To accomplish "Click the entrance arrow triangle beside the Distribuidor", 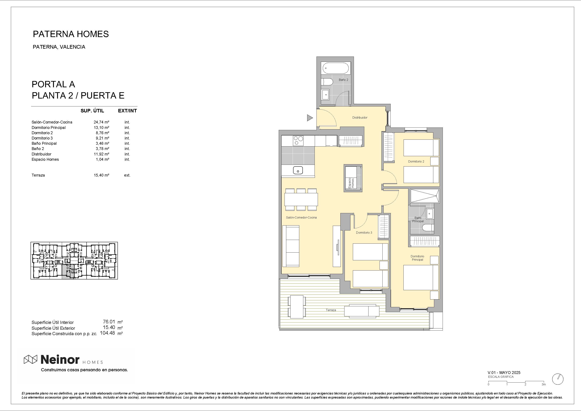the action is (309, 118).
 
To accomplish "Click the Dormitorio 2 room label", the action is (416, 161).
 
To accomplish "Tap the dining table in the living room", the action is (301, 199).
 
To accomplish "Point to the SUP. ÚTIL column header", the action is (92, 111).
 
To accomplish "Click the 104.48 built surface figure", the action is (107, 333).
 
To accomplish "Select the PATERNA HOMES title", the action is (71, 34).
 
